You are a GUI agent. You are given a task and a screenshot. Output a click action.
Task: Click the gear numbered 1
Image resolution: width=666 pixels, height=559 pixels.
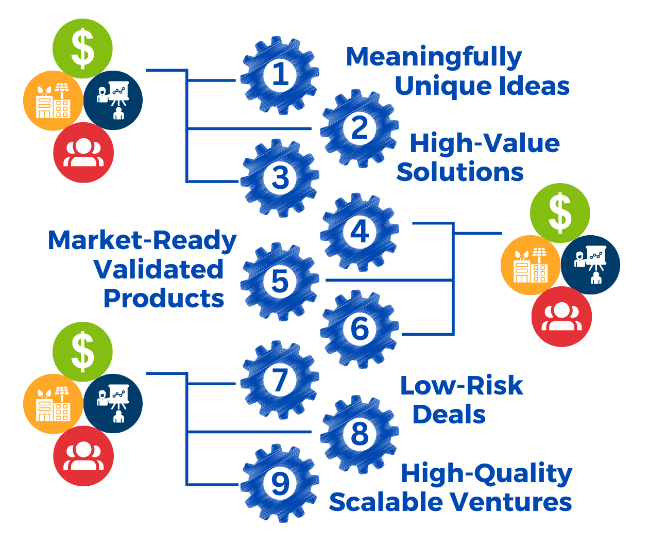280,75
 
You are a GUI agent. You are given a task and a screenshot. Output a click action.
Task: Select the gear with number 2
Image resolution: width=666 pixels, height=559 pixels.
360,128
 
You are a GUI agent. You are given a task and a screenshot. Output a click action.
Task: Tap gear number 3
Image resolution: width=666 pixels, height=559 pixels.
280,178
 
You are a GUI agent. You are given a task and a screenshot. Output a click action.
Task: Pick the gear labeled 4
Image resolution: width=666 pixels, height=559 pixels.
360,232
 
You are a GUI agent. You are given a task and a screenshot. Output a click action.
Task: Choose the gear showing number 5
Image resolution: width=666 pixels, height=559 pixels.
280,282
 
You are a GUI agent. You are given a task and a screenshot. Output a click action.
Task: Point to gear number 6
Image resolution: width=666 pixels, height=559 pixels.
360,330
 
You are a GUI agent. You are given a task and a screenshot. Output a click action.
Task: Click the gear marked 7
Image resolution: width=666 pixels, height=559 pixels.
280,380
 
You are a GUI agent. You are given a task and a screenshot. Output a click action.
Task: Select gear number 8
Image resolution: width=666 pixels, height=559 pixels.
360,434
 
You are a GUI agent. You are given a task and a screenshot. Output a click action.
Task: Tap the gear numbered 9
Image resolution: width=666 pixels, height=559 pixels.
280,484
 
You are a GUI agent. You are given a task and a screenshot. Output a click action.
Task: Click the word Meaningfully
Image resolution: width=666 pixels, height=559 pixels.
434,57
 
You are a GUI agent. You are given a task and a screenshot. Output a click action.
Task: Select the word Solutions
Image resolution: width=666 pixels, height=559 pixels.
459,172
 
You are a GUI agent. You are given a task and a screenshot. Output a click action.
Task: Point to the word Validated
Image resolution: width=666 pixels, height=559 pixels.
159,269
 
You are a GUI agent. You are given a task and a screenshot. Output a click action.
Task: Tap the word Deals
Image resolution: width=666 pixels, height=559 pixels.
449,414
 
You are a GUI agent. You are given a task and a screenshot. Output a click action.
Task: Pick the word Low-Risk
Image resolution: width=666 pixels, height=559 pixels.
462,385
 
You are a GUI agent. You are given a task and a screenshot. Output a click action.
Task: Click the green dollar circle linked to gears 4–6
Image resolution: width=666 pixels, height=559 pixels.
560,213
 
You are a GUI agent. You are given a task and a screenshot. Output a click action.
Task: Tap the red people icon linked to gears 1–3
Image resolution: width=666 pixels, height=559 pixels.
83,153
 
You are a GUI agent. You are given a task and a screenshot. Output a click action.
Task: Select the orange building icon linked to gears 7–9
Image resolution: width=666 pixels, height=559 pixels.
53,404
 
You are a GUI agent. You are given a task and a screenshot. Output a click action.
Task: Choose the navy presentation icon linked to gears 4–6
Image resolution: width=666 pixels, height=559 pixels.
590,265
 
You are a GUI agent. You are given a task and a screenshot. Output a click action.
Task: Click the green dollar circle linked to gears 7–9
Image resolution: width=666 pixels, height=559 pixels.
82,352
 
